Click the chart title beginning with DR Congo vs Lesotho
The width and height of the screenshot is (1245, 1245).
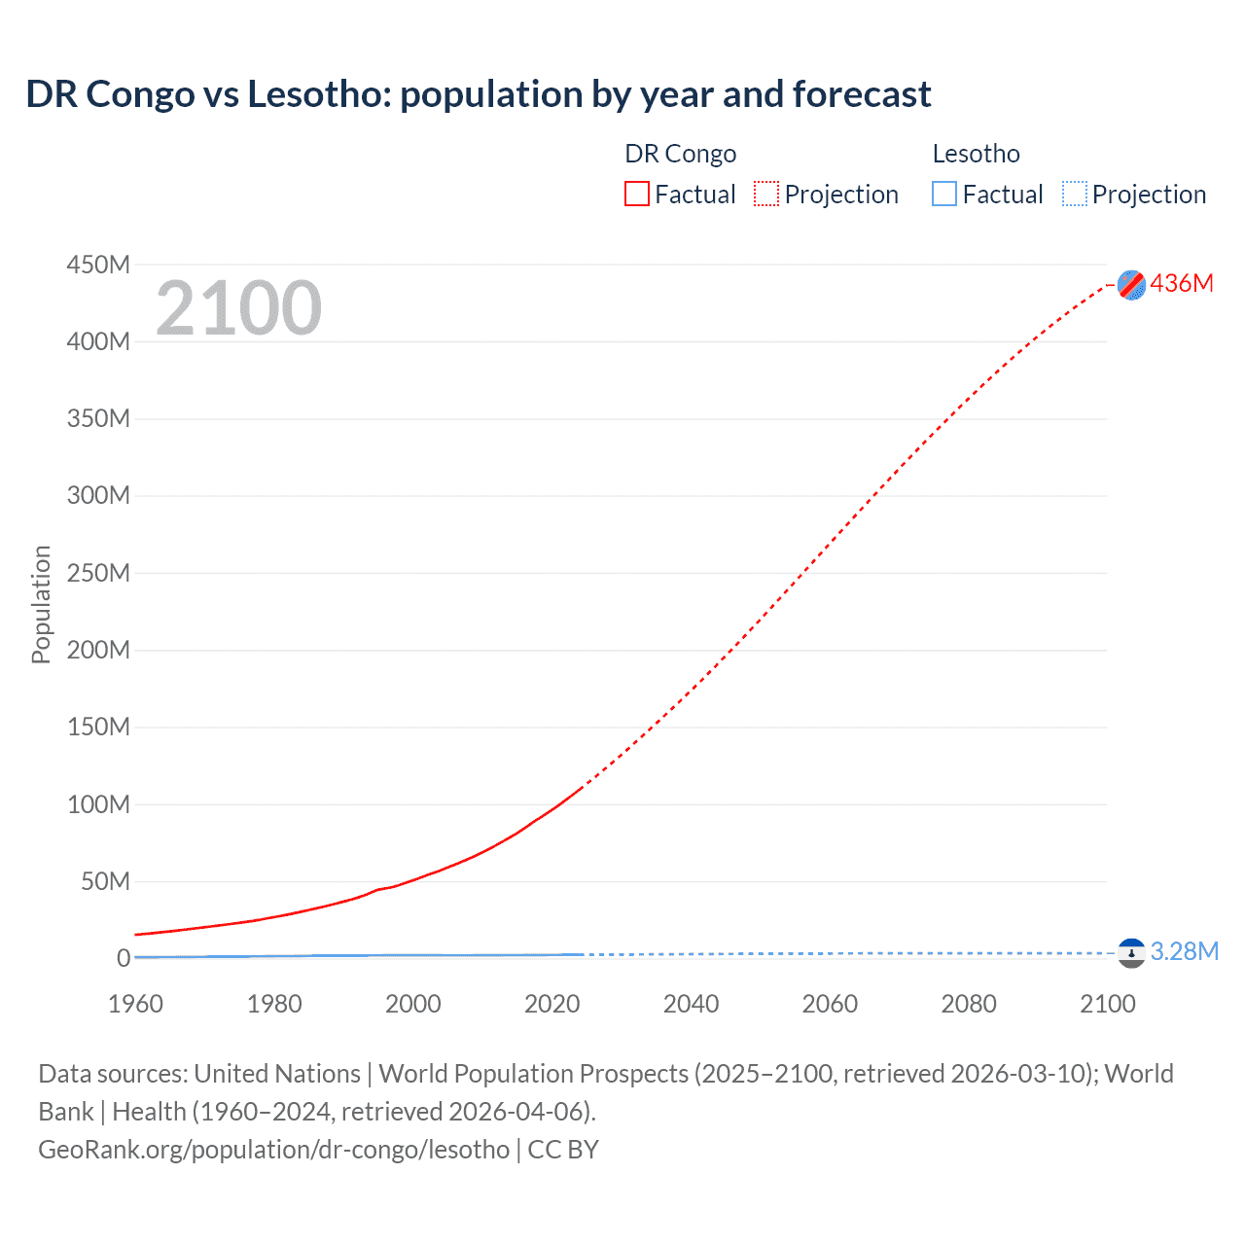[478, 94]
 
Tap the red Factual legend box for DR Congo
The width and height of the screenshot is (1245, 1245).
[636, 194]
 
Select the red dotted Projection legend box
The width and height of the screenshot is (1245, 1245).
[766, 194]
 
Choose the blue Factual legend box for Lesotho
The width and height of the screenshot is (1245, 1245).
[943, 194]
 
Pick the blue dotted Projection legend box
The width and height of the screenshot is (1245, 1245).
[1074, 194]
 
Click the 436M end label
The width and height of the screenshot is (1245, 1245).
[1182, 283]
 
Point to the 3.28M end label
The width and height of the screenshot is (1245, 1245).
[1184, 951]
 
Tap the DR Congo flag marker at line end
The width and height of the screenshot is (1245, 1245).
[1131, 285]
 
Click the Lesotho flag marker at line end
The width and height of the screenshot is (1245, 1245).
[1131, 953]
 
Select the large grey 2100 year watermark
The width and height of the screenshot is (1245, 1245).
[238, 308]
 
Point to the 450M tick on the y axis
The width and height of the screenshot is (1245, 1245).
[98, 265]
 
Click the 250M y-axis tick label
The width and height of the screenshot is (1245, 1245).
[98, 573]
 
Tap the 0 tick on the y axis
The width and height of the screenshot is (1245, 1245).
[123, 958]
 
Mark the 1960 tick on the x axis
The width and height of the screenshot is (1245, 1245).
[135, 1004]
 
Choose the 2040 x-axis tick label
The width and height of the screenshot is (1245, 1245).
[691, 1004]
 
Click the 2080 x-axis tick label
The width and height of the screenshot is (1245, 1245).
[969, 1004]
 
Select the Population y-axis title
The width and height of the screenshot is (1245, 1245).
[41, 604]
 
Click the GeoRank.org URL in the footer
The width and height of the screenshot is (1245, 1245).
[273, 1150]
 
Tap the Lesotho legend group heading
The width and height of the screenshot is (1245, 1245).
[976, 154]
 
